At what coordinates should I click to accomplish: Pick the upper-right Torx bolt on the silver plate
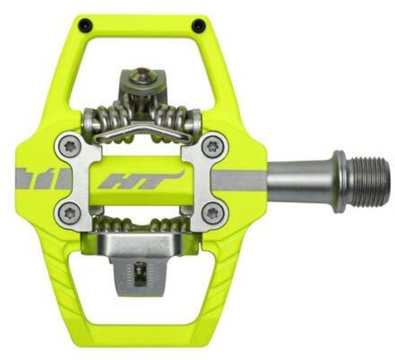211,148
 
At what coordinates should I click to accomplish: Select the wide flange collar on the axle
339,181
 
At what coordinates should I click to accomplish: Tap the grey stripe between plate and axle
244,180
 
